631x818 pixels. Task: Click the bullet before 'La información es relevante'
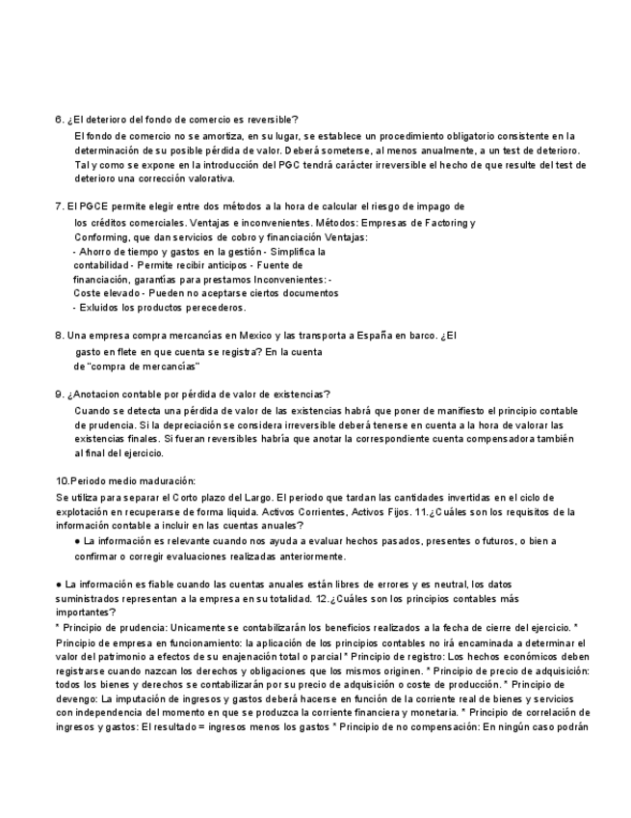(76, 542)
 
